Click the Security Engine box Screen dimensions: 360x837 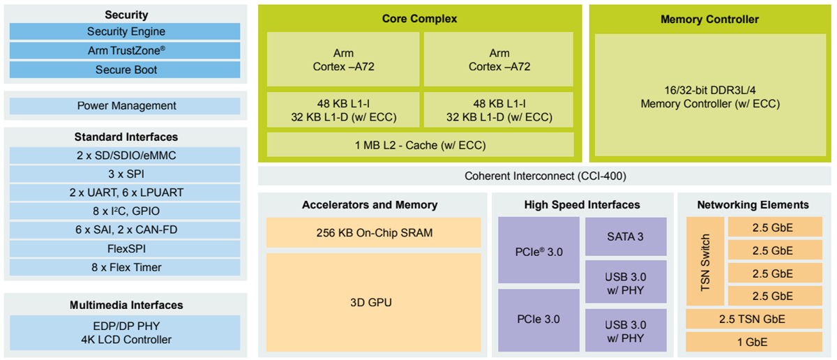pyautogui.click(x=126, y=31)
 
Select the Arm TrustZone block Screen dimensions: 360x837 pyautogui.click(x=126, y=51)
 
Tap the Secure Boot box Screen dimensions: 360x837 pyautogui.click(x=126, y=70)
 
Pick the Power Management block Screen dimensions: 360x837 pyautogui.click(x=126, y=106)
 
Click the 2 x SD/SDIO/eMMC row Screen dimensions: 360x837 pyautogui.click(x=126, y=156)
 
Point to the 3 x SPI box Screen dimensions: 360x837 pyautogui.click(x=126, y=174)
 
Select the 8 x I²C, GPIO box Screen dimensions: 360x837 pyautogui.click(x=126, y=211)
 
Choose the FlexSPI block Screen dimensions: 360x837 pyautogui.click(x=126, y=248)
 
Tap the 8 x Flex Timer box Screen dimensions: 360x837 pyautogui.click(x=126, y=267)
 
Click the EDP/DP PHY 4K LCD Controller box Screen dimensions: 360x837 pyautogui.click(x=126, y=333)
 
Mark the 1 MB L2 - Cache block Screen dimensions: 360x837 pyautogui.click(x=420, y=145)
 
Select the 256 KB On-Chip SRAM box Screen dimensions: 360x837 pyautogui.click(x=374, y=232)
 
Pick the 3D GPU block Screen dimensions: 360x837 pyautogui.click(x=374, y=302)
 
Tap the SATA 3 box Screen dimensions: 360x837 pyautogui.click(x=626, y=237)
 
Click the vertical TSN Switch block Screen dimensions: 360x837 pyautogui.click(x=705, y=262)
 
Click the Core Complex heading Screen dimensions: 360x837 pyautogui.click(x=420, y=19)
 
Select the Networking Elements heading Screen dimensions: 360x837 pyautogui.click(x=753, y=205)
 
